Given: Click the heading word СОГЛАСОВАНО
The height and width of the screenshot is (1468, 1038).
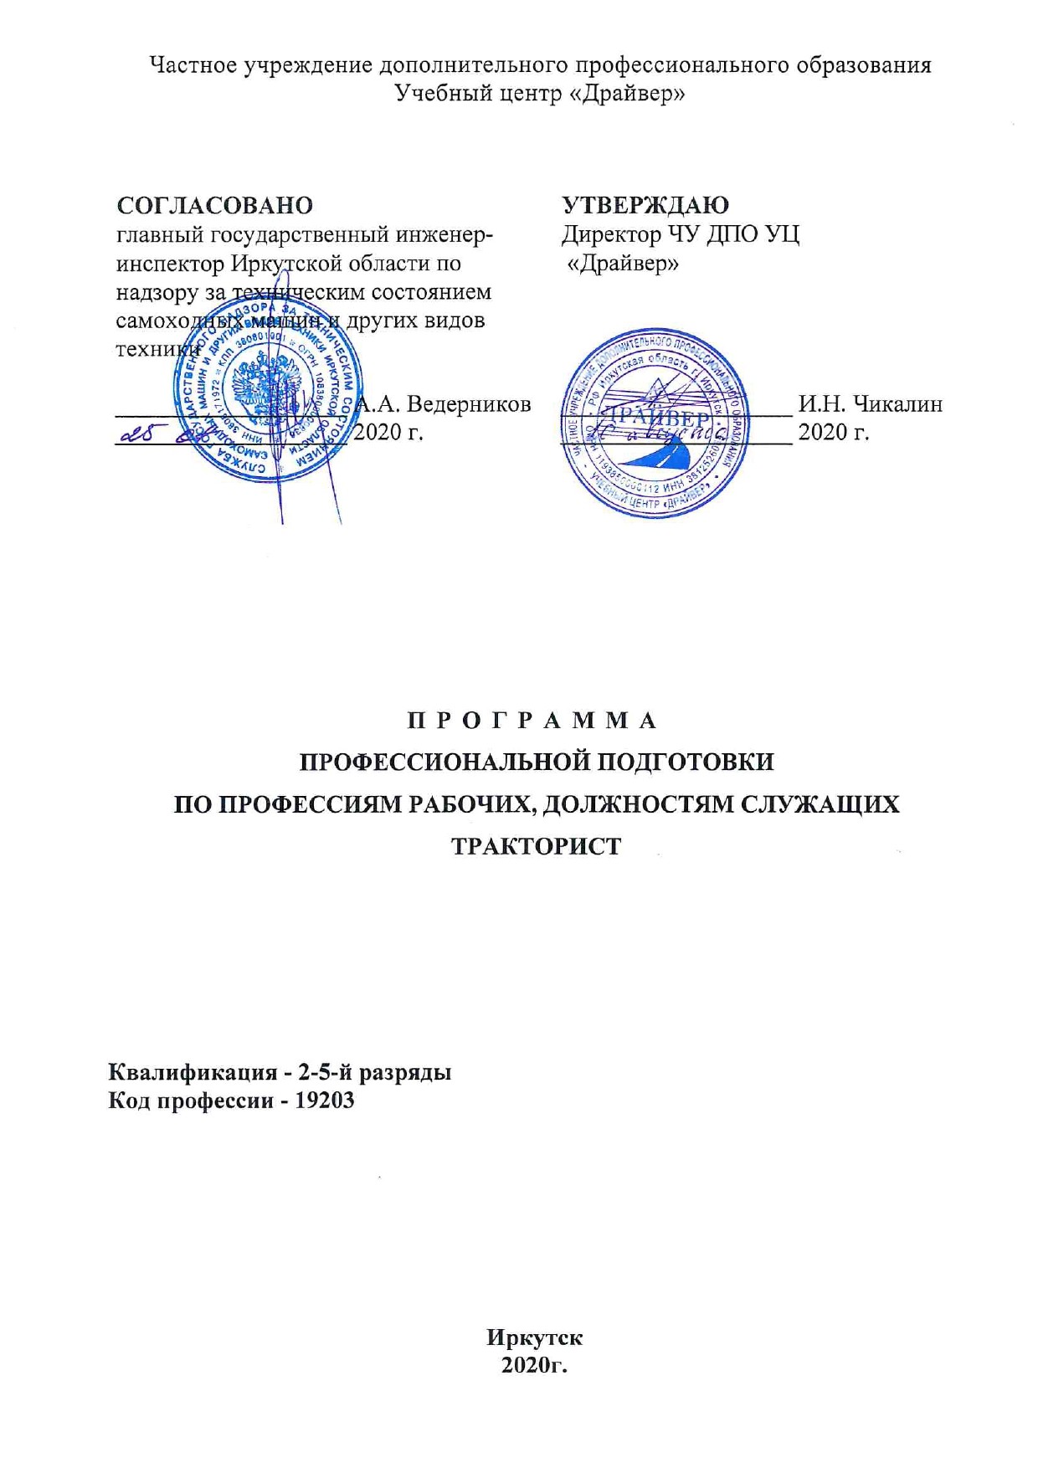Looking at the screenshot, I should pos(214,205).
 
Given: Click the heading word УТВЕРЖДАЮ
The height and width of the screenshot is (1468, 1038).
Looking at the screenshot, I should pos(645,205).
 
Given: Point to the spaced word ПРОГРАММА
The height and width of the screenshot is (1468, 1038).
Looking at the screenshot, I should pos(533,720).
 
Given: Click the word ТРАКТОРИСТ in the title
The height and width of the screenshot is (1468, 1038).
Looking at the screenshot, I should pos(537,845).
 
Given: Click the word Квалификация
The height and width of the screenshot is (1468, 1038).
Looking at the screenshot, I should pos(193,1072).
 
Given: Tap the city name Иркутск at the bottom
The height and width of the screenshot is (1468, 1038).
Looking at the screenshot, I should pos(534,1337).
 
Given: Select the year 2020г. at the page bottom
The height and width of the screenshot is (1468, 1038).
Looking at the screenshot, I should pos(534,1365).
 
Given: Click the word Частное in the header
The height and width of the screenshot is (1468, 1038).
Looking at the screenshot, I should pos(193,65).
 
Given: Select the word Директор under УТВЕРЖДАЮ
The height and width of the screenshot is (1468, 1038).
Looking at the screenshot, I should pos(610,234).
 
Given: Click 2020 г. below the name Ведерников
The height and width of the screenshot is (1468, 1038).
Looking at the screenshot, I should pos(388,432).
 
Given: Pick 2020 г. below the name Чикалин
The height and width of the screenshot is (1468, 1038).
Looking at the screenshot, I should pos(833,432).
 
